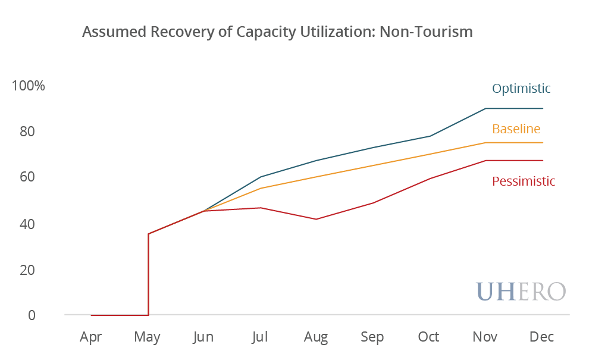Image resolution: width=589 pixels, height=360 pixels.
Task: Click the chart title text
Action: pos(277,32)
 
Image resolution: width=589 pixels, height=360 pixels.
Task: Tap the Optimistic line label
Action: pos(521,89)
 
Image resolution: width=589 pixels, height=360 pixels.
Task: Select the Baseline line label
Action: pos(516,129)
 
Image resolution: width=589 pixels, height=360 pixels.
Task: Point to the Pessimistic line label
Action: pos(524,181)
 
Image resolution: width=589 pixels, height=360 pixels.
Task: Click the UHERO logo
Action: pos(521,291)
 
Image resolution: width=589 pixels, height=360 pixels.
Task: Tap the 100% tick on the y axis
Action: pos(29,86)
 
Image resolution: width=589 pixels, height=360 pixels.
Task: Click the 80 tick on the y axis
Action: pos(29,132)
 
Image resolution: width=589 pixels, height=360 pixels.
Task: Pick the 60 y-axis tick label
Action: pos(29,177)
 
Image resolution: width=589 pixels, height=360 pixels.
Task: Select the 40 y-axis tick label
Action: pos(29,224)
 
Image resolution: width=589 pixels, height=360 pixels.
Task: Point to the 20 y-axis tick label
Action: pos(29,270)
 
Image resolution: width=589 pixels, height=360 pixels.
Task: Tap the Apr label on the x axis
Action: pos(91,337)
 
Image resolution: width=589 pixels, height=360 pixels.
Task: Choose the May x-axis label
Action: pos(147,337)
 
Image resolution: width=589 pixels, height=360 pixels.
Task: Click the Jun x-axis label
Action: pos(203,337)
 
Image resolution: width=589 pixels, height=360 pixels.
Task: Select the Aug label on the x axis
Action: pos(316,337)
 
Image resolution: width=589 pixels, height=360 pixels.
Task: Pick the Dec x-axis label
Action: pos(541,337)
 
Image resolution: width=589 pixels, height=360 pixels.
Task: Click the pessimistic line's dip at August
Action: pos(317,219)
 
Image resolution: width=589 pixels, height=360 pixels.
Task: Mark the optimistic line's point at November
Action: pos(485,108)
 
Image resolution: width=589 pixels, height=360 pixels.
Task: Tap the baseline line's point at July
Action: pos(260,188)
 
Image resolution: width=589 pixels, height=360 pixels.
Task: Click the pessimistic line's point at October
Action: pos(429,178)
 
